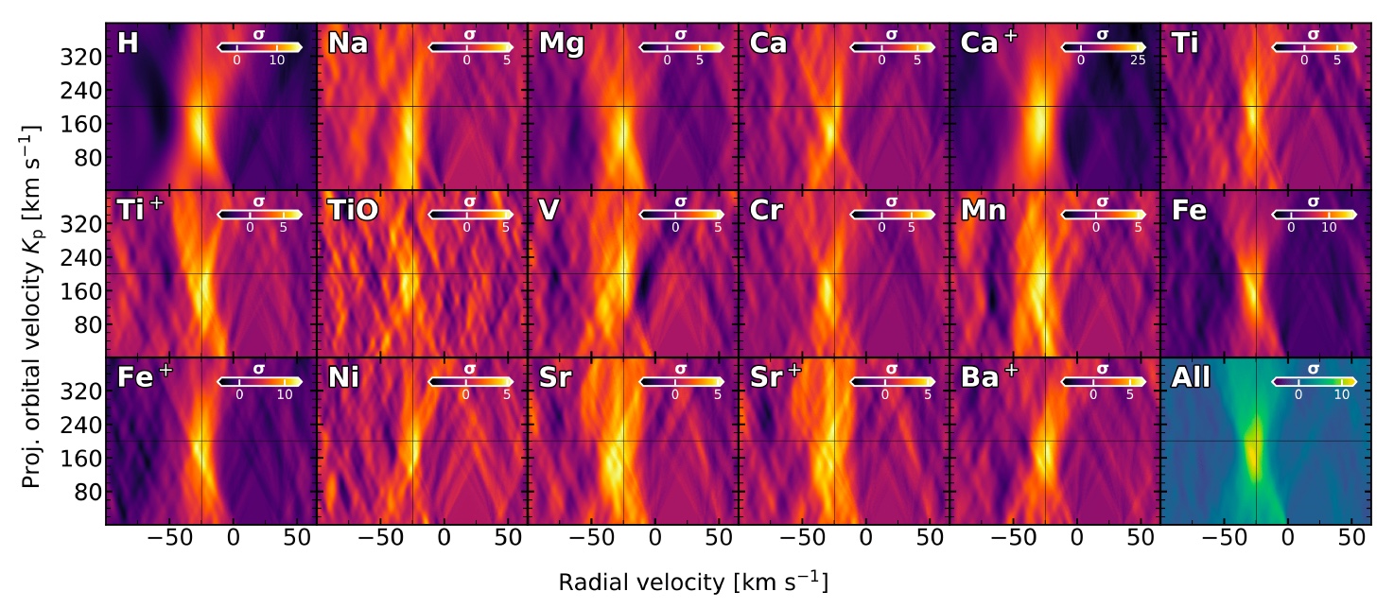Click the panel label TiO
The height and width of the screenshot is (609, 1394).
352,210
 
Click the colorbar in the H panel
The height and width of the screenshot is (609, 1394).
259,46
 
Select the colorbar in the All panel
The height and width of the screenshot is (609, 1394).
1315,381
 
